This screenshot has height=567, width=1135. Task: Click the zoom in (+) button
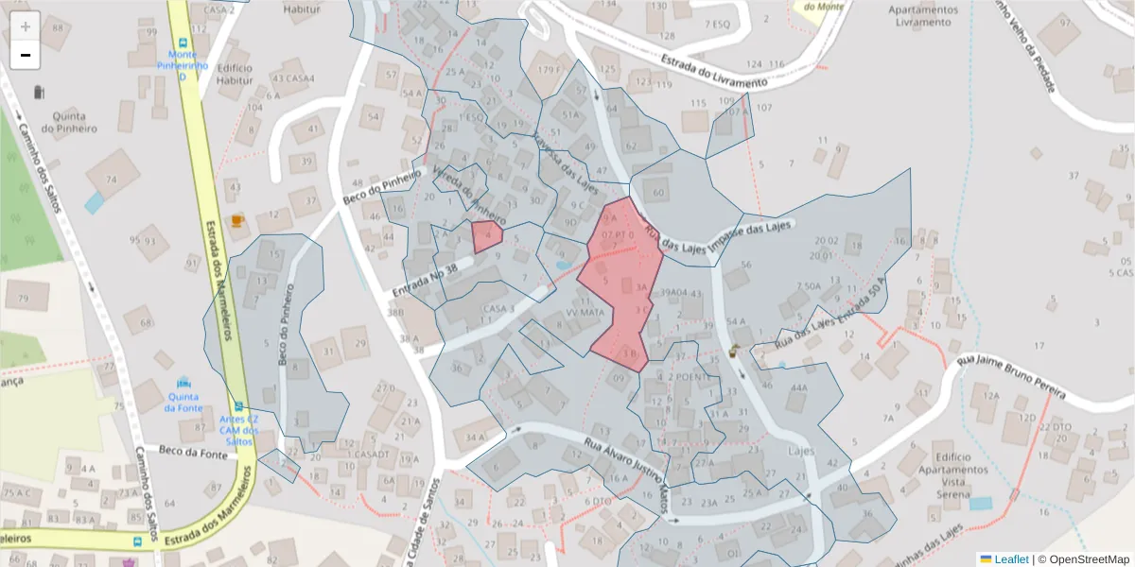coord(26,26)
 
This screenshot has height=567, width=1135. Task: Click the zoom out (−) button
coord(26,55)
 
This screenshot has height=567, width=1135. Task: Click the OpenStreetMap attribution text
coord(1083,559)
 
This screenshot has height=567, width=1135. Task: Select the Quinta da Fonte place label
coord(183,402)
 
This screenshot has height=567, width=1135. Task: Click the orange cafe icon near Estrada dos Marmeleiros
coord(236,220)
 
